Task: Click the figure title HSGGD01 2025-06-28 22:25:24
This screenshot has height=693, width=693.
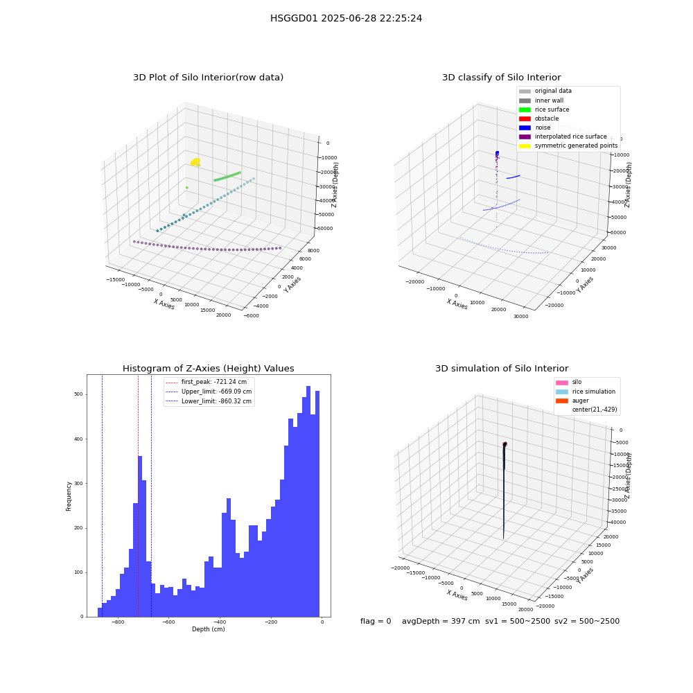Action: coord(346,18)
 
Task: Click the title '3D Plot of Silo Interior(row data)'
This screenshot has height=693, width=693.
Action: coord(208,78)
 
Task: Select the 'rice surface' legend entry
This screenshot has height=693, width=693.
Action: coord(544,109)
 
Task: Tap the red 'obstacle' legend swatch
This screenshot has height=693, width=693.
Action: coord(525,119)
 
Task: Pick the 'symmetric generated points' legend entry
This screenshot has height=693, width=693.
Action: coord(568,146)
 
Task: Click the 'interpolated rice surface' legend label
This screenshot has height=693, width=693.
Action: coord(570,137)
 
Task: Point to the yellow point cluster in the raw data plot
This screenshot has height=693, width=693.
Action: coord(195,162)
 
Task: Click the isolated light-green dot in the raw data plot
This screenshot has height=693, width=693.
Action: coord(187,187)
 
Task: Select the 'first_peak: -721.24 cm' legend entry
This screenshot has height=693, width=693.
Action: coord(207,382)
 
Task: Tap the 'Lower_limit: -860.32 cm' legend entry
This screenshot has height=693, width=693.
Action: coord(209,401)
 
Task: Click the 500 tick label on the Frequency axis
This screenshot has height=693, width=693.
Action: coord(79,394)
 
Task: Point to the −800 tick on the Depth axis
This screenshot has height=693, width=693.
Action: coord(118,622)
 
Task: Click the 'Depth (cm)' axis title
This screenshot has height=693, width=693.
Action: coord(209,629)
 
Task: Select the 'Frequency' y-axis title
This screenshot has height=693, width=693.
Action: coord(69,496)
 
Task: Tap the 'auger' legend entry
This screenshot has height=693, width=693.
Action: coord(572,401)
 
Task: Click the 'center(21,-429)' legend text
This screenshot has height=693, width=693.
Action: coord(595,410)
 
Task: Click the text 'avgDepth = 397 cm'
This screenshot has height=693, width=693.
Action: coord(441,621)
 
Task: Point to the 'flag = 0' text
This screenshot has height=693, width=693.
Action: coord(376,621)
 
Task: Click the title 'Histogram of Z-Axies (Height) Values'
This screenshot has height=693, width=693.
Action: coord(208,369)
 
